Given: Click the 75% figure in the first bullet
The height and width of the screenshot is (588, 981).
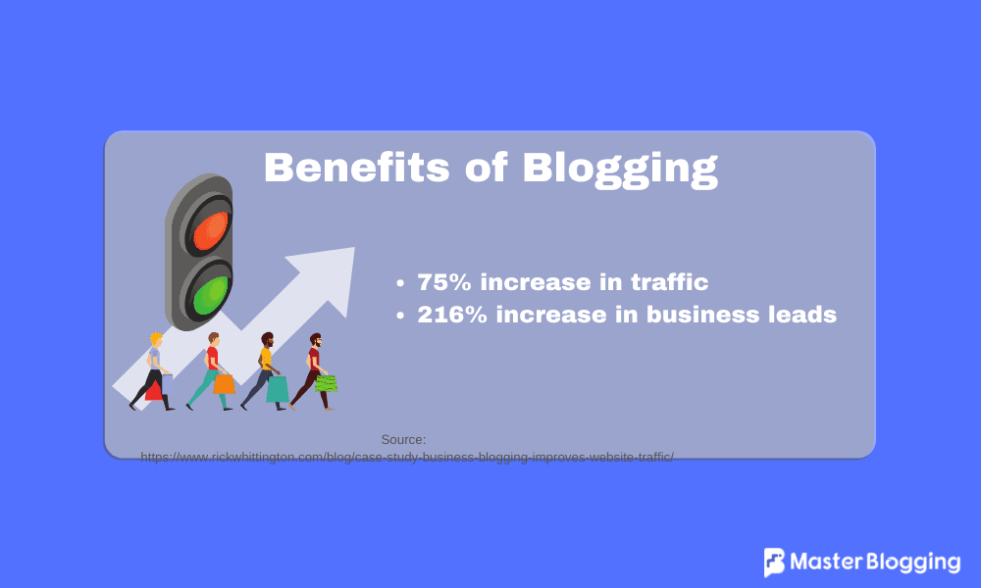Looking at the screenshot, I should pos(445,282).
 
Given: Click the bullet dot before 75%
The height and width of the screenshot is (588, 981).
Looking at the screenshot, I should pos(400,284).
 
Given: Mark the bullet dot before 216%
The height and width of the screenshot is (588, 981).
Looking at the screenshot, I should pos(400,317).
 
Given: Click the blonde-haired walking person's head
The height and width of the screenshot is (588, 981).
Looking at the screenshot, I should pos(155,340).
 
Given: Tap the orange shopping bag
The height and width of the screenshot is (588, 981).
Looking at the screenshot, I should pos(224,383).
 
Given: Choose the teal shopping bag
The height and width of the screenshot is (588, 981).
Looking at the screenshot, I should pos(278,389).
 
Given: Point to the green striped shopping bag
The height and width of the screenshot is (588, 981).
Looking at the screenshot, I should pos(326,383).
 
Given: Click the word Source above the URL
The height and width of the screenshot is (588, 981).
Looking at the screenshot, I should pos(403,440).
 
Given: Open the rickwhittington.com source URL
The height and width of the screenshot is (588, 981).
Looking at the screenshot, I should pos(407,457).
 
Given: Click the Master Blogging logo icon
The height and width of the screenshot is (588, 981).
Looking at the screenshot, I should pos(775,563).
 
